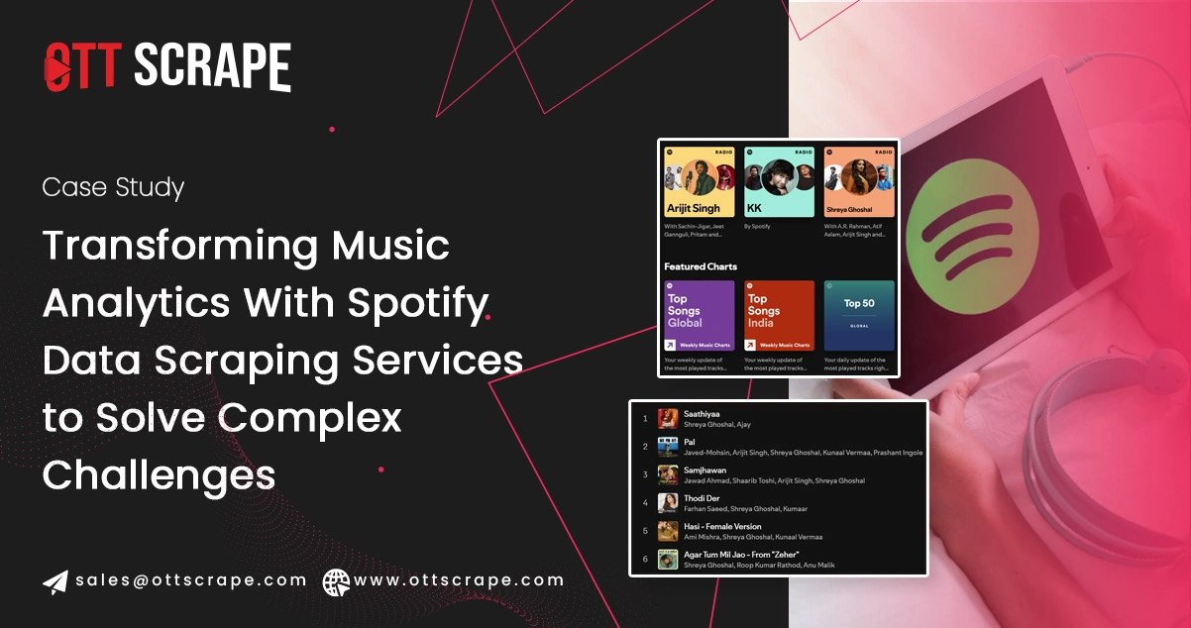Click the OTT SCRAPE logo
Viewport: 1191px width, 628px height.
(166, 67)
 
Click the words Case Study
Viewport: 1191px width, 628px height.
(113, 187)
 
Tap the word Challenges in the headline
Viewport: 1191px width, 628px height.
(159, 475)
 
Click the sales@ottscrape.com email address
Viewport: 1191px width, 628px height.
(191, 580)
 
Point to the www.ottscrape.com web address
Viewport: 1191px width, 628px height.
(459, 580)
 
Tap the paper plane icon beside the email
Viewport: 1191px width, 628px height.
(55, 581)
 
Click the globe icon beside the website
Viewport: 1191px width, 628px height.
(335, 581)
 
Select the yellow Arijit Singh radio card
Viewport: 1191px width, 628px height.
(699, 182)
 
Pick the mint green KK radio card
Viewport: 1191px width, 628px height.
(779, 182)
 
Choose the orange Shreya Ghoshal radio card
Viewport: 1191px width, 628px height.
(859, 182)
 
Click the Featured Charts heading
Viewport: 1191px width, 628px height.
(700, 266)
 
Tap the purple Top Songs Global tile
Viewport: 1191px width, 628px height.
(699, 315)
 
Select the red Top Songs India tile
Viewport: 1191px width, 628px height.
(779, 315)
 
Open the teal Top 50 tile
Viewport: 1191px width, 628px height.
(859, 315)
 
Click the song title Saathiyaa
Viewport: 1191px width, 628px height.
(702, 413)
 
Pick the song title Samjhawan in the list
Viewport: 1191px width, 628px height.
(704, 471)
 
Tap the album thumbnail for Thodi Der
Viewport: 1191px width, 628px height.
(668, 503)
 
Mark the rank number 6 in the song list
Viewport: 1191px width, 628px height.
(645, 560)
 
